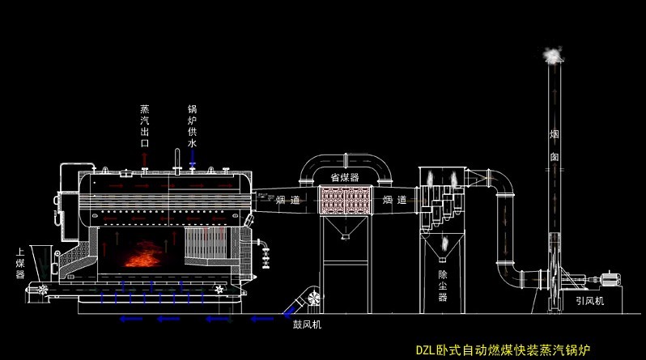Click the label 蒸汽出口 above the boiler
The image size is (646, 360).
click(x=145, y=125)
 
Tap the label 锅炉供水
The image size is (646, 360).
click(x=192, y=125)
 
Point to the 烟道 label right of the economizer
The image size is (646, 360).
click(x=394, y=199)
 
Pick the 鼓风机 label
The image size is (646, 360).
click(x=307, y=325)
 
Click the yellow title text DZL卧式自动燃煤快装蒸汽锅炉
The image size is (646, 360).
click(x=503, y=350)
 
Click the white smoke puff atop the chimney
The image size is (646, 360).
click(x=553, y=55)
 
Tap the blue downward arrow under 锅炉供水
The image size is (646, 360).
click(x=192, y=164)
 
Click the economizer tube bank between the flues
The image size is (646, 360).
click(x=345, y=201)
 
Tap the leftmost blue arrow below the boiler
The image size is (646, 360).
click(x=125, y=319)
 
